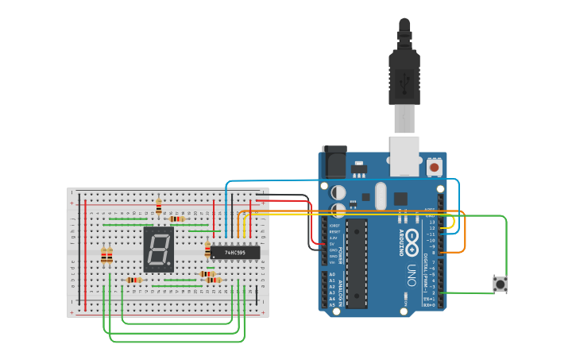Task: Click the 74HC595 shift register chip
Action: click(x=234, y=253)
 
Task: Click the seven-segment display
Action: click(x=158, y=250)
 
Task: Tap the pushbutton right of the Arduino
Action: click(x=500, y=284)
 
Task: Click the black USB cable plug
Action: click(x=404, y=75)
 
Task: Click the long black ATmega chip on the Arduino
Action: click(x=357, y=262)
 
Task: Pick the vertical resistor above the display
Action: click(x=159, y=207)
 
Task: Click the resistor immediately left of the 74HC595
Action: click(x=208, y=250)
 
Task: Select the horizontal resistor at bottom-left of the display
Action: click(x=134, y=280)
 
